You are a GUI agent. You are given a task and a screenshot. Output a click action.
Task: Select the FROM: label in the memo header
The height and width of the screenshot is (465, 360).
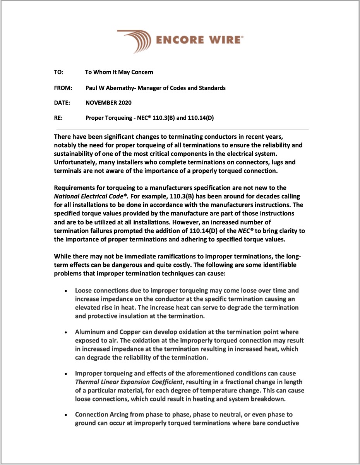(x=63, y=88)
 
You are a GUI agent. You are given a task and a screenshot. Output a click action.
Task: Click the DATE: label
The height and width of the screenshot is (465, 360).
(x=62, y=103)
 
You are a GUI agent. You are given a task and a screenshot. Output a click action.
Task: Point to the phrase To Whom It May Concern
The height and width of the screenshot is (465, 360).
(x=119, y=72)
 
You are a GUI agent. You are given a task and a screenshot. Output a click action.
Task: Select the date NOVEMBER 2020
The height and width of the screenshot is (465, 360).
(x=108, y=103)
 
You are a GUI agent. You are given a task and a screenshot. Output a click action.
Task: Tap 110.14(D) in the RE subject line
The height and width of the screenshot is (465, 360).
(x=201, y=117)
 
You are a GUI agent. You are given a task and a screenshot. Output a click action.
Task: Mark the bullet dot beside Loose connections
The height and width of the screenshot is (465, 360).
(x=67, y=291)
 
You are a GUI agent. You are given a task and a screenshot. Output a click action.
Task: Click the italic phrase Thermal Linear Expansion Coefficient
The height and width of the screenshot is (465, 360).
(x=128, y=382)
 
